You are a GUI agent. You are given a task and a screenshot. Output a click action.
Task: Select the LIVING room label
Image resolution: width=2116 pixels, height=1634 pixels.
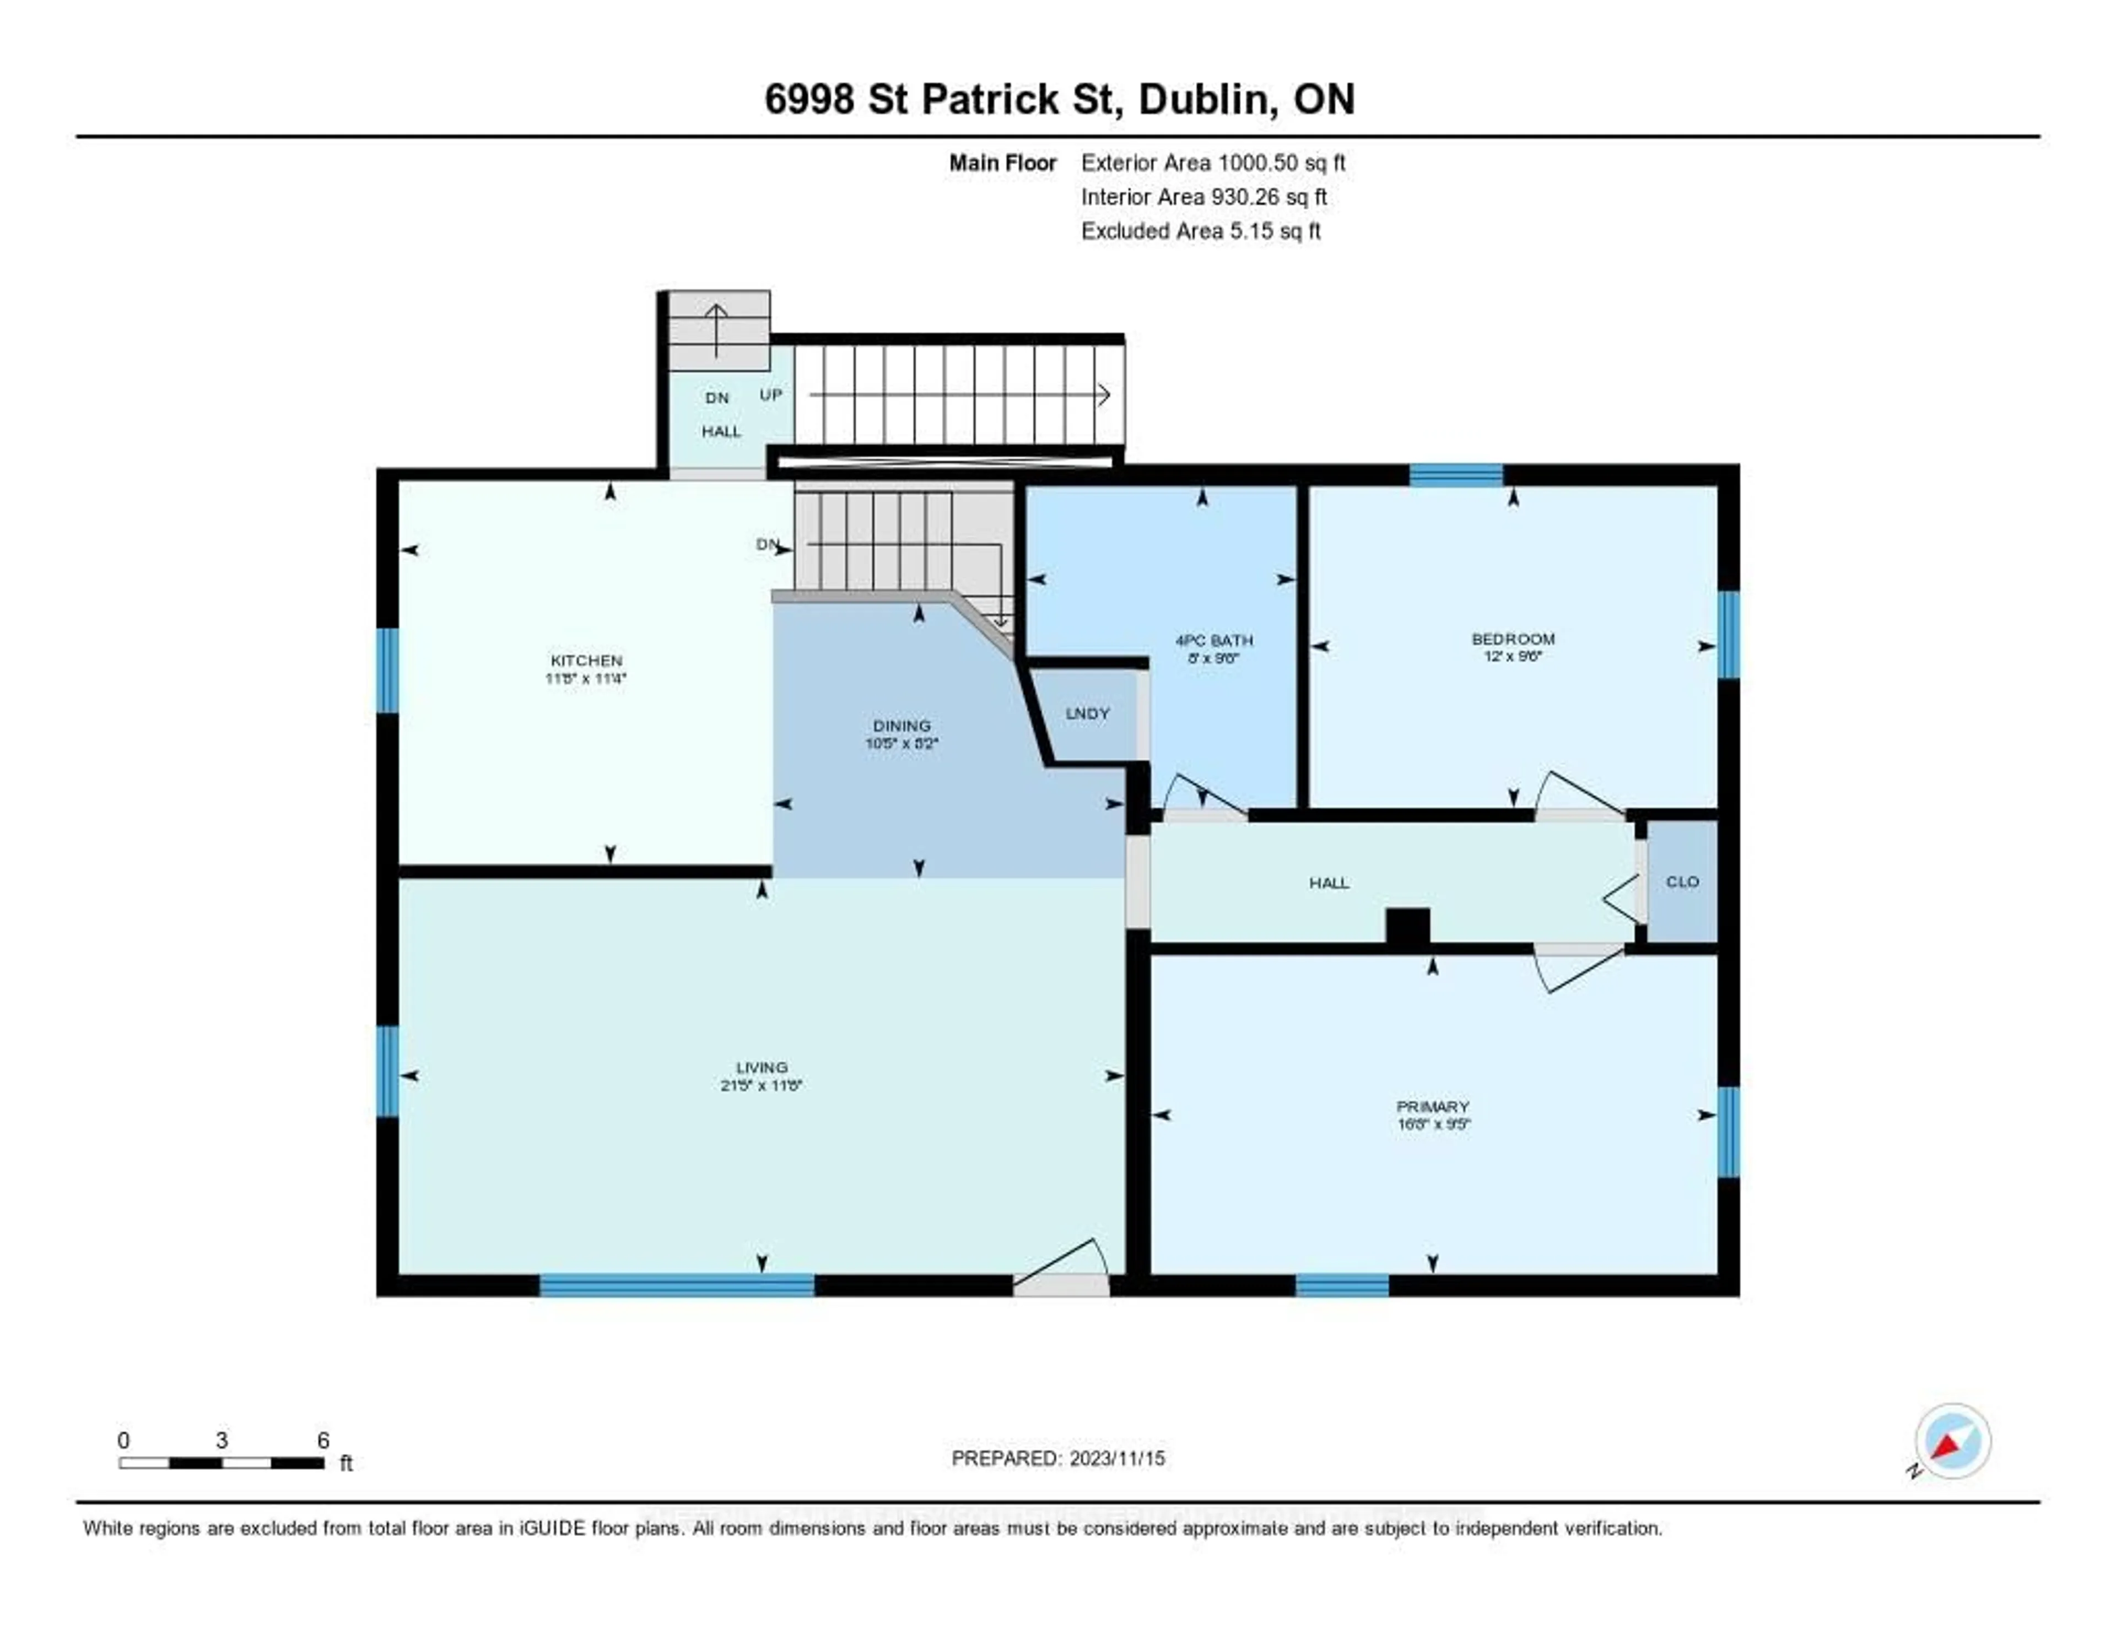[x=762, y=1067]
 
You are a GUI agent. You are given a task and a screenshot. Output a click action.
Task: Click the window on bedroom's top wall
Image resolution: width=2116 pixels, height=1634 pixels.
[x=1455, y=474]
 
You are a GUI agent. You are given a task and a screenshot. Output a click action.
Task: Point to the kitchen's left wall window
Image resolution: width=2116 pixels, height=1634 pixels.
[x=387, y=670]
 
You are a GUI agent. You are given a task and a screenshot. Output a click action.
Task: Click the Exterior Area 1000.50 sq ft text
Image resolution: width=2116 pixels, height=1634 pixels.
[x=1213, y=163]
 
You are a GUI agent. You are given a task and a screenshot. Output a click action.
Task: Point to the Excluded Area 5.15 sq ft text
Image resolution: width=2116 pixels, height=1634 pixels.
[x=1200, y=230]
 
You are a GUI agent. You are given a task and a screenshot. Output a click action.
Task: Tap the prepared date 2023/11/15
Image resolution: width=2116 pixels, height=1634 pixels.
[x=1112, y=1458]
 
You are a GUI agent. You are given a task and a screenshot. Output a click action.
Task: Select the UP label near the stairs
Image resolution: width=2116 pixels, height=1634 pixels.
[x=770, y=395]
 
